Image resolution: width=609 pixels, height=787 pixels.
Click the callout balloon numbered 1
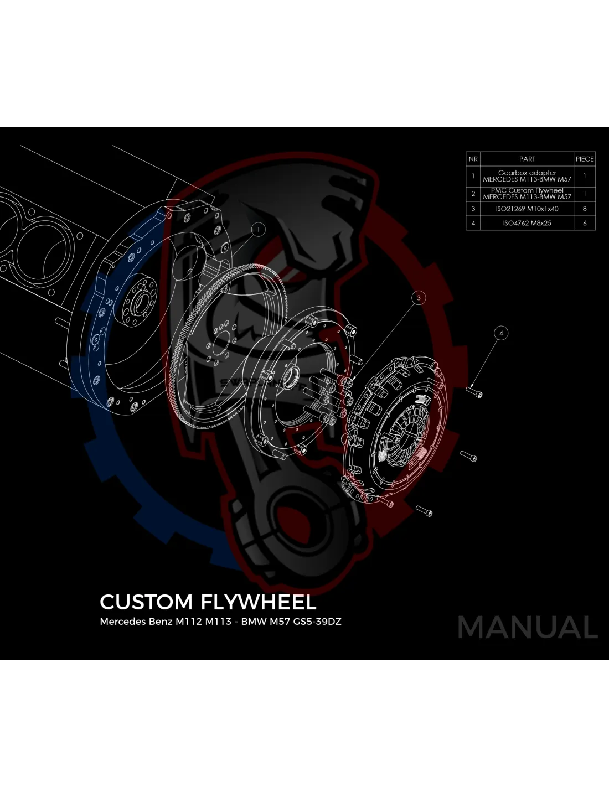(x=258, y=229)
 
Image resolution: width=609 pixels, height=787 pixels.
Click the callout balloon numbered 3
(x=419, y=298)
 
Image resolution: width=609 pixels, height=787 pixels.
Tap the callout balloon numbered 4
(x=501, y=333)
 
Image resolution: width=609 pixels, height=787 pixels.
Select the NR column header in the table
(x=473, y=159)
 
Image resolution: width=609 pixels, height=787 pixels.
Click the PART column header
(x=527, y=159)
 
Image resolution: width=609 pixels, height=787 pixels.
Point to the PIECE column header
(x=585, y=159)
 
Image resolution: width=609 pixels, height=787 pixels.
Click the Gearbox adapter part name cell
(x=527, y=176)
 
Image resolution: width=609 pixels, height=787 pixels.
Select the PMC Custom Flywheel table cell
(x=527, y=194)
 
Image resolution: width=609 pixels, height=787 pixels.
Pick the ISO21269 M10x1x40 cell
(x=527, y=209)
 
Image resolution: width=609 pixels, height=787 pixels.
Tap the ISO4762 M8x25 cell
(x=527, y=223)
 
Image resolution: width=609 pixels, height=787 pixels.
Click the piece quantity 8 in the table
(x=585, y=209)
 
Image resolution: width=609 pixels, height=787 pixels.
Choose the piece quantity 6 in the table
(x=585, y=223)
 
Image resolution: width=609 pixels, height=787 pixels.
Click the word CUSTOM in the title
(x=146, y=602)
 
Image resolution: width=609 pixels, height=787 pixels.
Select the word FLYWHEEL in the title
(x=258, y=602)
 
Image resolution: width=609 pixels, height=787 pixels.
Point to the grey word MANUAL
(x=528, y=627)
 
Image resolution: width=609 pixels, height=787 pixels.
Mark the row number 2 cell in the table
(x=473, y=194)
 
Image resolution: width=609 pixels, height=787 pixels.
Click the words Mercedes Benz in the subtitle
(x=136, y=621)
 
